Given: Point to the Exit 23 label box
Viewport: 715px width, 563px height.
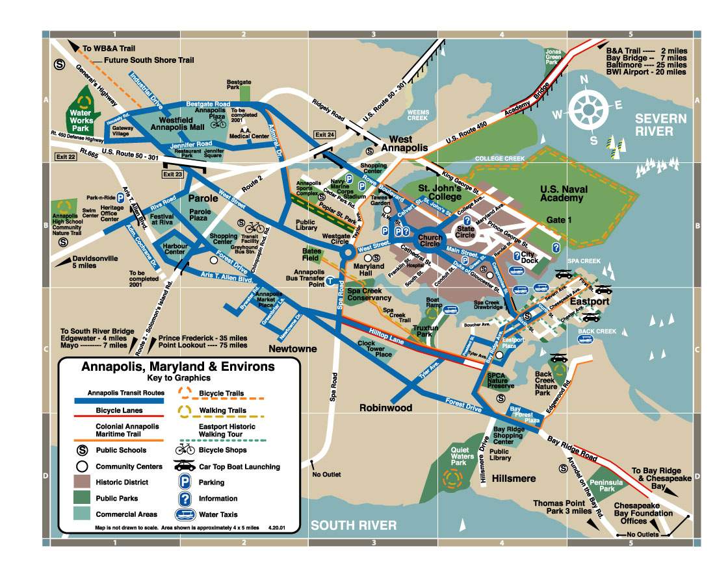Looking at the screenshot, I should (173, 173).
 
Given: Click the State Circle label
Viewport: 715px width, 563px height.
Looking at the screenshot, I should (465, 231).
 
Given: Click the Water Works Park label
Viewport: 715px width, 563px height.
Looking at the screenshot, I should (83, 116).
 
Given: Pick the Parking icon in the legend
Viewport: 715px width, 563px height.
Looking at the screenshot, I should (186, 482).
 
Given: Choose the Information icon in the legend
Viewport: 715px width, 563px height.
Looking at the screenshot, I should (186, 499).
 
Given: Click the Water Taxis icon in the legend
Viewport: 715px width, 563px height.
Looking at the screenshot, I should (186, 515).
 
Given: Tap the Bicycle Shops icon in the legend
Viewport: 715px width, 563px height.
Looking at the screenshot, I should (185, 450).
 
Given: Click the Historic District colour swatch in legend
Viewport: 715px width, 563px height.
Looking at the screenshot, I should (82, 482).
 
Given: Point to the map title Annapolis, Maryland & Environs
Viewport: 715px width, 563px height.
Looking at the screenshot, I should (177, 367).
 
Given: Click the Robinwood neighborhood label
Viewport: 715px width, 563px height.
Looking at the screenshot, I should (386, 408).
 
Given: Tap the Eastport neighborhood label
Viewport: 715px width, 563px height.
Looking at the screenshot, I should (590, 302).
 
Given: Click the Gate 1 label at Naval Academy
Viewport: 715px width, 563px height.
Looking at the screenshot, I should (559, 220).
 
